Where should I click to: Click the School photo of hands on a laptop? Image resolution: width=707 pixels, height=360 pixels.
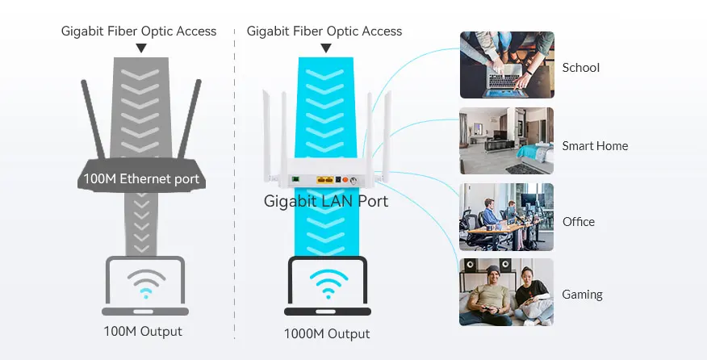507,65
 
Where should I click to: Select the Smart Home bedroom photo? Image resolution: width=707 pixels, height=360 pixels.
507,141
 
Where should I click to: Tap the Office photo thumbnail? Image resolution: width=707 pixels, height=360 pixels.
507,217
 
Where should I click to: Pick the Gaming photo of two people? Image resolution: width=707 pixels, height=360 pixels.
507,292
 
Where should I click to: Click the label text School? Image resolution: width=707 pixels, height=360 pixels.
580,68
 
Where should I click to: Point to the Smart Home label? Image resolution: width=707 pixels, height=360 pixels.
595,146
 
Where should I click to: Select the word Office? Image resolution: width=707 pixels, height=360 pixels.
578,222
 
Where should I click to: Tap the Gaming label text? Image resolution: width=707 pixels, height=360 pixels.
582,295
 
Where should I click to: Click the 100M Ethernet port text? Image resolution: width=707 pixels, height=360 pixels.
141,178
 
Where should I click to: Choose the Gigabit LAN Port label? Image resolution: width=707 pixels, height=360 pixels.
326,201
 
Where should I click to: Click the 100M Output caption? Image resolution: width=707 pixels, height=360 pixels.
143,331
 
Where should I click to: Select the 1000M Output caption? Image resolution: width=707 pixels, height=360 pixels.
326,333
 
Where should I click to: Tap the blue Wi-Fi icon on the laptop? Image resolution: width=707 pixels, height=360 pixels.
328,284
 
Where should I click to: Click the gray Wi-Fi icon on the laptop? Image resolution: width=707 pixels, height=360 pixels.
145,283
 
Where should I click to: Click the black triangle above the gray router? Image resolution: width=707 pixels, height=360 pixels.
141,48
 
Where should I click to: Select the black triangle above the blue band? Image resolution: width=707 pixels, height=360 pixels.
326,48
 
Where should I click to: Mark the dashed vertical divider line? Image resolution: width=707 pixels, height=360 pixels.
234,186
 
